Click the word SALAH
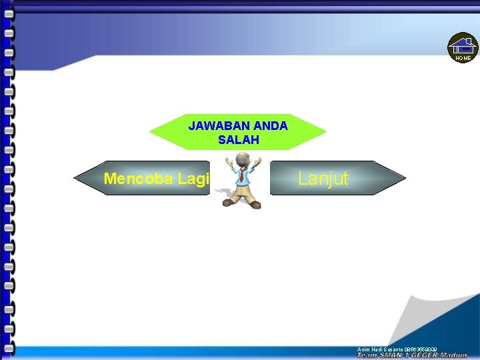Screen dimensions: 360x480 238,140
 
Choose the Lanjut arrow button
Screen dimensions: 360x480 333,178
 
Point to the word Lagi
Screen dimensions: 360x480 193,179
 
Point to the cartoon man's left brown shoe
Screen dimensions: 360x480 229,201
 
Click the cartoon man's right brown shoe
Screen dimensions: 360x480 255,205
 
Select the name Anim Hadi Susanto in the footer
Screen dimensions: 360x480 380,349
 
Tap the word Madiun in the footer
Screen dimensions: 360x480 455,355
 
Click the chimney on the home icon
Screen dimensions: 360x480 469,41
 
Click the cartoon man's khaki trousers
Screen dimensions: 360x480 242,193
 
